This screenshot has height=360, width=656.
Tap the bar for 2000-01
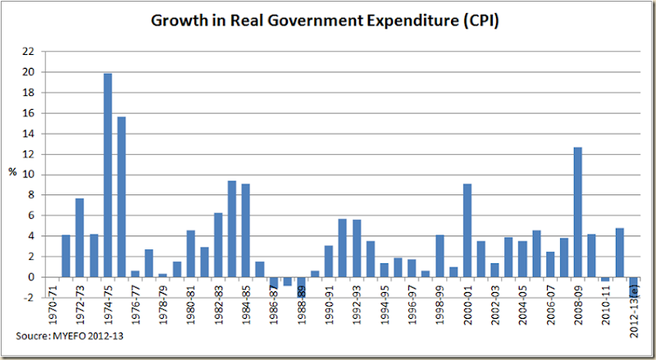pos(467,230)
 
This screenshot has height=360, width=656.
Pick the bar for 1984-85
pos(246,230)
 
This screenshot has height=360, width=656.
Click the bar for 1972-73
pos(80,238)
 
